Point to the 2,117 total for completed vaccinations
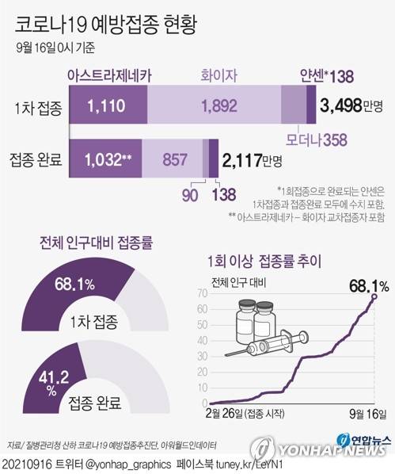pos(247,160)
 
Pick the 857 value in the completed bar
pos(174,160)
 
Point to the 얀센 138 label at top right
pos(326,76)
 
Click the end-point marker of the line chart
pos(374,295)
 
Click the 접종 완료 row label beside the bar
pos(39,160)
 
